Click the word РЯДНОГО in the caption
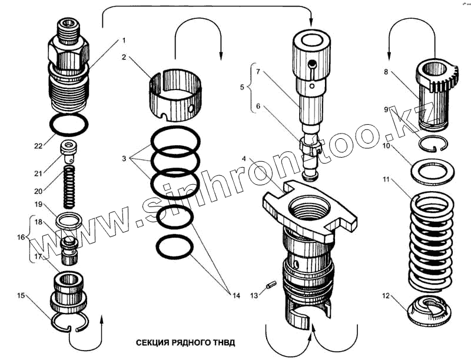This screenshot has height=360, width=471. coord(186,342)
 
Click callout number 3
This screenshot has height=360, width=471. coord(124,159)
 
